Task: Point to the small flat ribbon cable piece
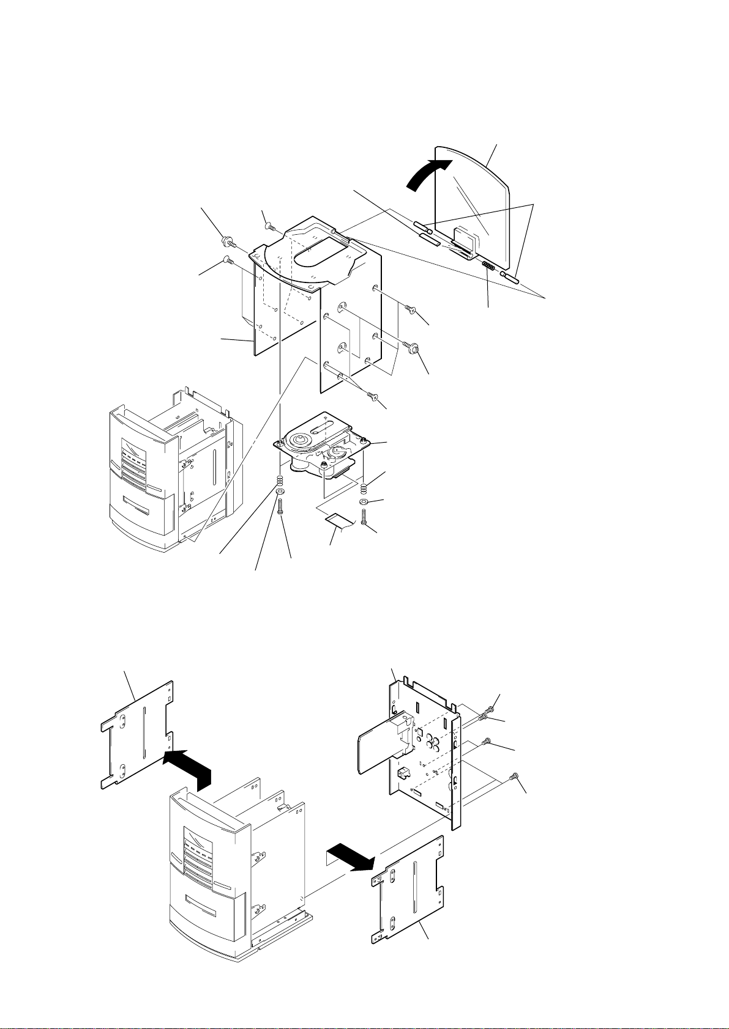coord(340,520)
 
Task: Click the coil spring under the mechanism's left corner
coord(280,480)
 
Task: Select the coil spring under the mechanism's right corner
coord(364,488)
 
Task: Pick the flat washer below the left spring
coord(280,491)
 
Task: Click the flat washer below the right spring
coord(364,502)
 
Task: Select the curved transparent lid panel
coord(471,202)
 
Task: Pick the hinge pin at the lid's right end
coord(509,279)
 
